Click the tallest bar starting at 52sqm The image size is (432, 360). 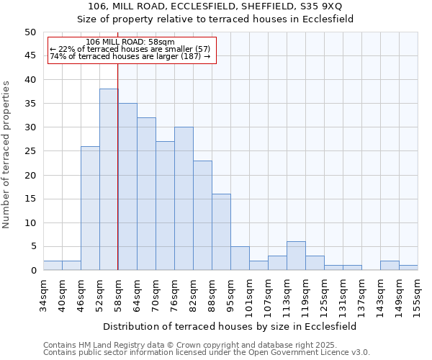coord(109,179)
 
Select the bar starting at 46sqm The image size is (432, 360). coord(90,208)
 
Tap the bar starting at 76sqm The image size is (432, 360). coord(184,199)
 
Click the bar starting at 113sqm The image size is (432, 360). coord(296,256)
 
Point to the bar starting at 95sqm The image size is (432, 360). coord(240,258)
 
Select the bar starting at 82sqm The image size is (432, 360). coord(202,215)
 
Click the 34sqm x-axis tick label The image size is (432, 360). coord(43,294)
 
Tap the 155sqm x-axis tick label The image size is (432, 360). coord(418,294)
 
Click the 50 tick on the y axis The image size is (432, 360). coord(30,32)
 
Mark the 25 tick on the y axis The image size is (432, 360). coord(30,151)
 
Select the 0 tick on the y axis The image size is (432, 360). coord(32,271)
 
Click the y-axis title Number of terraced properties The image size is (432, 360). coord(7,154)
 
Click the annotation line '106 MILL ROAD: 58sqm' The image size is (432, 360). coord(130,42)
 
